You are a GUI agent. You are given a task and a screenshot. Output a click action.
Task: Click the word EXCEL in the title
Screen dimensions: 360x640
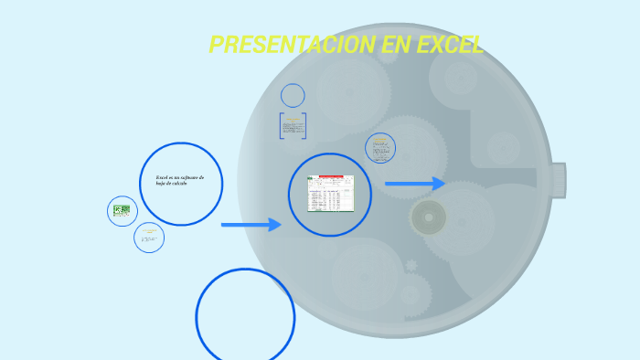449,45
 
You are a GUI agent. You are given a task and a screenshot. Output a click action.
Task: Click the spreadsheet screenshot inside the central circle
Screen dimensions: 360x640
330,193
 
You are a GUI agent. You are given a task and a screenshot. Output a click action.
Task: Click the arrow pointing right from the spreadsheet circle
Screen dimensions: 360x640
414,184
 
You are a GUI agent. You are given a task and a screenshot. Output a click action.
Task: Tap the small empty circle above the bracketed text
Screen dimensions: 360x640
293,95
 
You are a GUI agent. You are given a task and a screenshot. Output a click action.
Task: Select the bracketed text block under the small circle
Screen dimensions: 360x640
293,126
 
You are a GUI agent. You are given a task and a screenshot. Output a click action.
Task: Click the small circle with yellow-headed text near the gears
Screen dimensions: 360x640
380,148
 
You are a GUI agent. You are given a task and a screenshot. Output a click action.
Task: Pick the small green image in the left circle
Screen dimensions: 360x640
122,211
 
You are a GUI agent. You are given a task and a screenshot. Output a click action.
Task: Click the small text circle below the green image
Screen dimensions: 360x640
149,238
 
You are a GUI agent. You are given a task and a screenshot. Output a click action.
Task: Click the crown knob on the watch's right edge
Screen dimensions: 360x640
558,180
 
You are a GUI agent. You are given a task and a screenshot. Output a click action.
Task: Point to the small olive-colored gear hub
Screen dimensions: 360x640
428,217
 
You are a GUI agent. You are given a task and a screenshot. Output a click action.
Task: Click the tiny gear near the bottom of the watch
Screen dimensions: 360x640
411,265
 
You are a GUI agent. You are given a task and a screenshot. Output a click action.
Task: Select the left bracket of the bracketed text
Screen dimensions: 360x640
281,126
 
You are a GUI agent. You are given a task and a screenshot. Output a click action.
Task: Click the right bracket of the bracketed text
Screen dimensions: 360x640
304,126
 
